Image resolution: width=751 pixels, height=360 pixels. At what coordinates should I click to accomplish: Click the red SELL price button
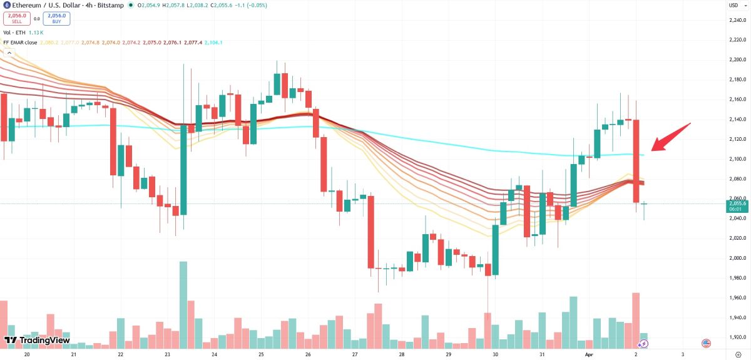pyautogui.click(x=17, y=18)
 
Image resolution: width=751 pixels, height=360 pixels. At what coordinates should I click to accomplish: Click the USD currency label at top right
pyautogui.click(x=733, y=5)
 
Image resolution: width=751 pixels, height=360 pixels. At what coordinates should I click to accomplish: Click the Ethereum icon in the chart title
pyautogui.click(x=6, y=5)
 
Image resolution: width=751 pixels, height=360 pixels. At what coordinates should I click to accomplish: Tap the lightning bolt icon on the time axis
pyautogui.click(x=643, y=344)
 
